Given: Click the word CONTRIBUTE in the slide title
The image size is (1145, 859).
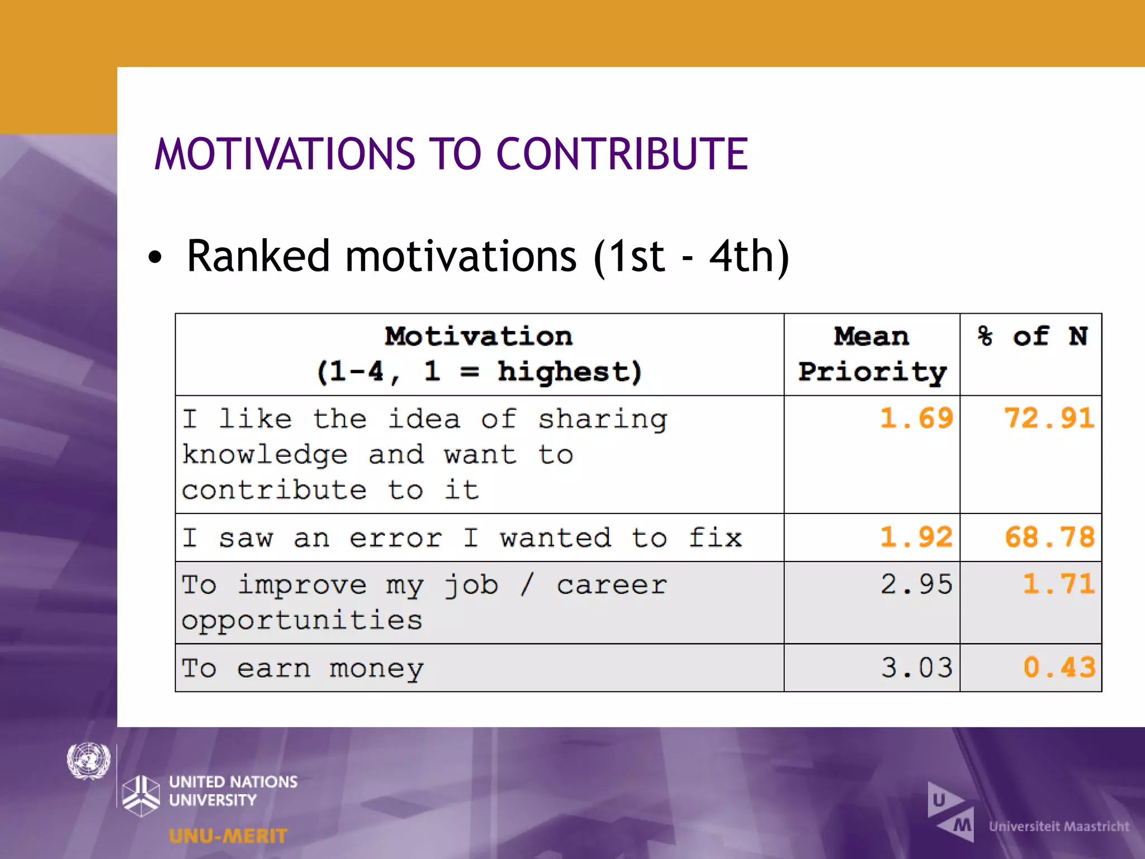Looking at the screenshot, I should [x=622, y=154].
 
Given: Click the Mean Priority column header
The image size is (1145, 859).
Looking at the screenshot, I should [x=872, y=354].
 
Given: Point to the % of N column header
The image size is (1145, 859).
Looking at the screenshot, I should [x=1032, y=337].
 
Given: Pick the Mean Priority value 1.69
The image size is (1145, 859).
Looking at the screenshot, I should [x=916, y=418].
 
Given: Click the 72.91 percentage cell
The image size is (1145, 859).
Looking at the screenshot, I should [x=1049, y=418].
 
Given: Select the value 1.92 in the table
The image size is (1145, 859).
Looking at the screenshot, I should [x=916, y=537].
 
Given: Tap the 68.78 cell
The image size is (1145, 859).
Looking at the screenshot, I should [x=1049, y=537].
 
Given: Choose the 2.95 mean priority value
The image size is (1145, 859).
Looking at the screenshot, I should [x=916, y=584].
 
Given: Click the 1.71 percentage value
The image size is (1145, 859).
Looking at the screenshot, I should [x=1058, y=584].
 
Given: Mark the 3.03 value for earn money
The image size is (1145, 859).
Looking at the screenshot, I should [x=916, y=668].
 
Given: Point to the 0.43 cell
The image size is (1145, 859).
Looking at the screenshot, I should [x=1058, y=668].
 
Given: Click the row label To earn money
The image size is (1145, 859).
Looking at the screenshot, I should [x=302, y=669].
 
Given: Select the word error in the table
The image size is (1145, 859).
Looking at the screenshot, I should [x=396, y=539].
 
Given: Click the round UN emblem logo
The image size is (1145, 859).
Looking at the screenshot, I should [x=88, y=761].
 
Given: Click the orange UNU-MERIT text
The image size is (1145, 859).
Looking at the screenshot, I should [x=228, y=836].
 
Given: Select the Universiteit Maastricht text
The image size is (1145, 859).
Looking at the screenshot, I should [x=1059, y=827].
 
